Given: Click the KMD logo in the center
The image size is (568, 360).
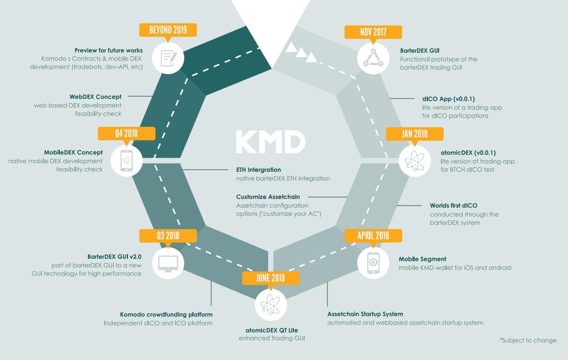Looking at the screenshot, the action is (271, 142).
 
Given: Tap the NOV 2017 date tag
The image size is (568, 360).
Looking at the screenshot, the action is (373, 32).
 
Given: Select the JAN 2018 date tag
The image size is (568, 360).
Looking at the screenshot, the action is (414, 134).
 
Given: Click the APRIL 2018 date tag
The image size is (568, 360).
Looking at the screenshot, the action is (373, 236).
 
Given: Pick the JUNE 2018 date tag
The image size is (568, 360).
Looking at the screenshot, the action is (271, 278).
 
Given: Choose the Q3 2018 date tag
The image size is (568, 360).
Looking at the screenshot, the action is (168, 236).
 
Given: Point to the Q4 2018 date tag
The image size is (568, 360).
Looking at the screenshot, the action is (126, 133).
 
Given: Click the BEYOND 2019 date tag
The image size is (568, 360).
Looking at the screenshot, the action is (168, 30).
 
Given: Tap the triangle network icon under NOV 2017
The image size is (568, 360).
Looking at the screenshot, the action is (373, 58).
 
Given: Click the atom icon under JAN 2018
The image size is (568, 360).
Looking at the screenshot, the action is (415, 161).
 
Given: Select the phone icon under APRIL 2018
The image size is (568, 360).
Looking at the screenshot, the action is (373, 262).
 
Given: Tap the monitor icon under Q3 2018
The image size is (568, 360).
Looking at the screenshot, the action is (168, 263).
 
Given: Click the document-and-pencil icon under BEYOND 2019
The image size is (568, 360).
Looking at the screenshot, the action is (168, 58).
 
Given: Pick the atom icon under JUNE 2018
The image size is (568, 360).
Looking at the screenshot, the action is (271, 305).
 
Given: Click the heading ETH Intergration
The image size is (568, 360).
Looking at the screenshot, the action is (258, 170).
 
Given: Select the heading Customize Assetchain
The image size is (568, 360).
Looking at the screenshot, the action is (268, 197).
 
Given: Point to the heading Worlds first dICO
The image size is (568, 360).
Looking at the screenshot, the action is (453, 206).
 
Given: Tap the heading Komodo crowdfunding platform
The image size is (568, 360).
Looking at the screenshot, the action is (166, 314).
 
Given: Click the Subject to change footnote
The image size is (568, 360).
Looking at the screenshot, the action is (528, 341).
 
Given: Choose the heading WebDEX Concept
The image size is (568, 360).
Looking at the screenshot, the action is (96, 97).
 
